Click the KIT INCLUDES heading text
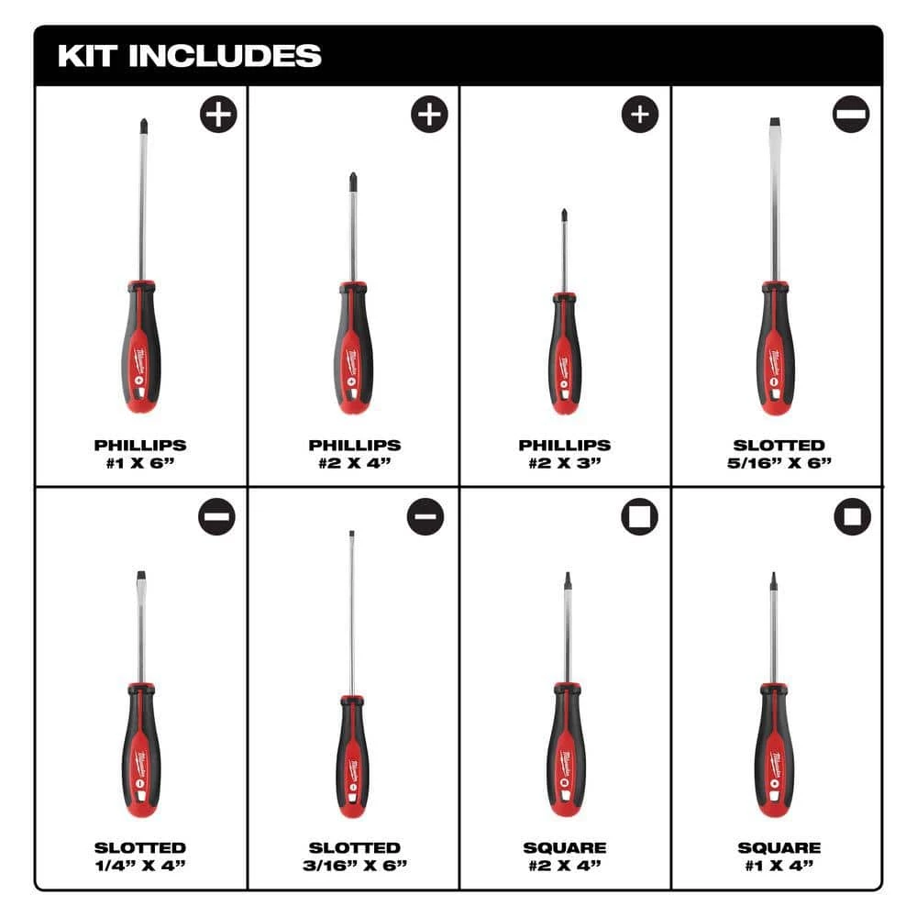pos(189,55)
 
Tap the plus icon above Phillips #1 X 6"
pos(218,115)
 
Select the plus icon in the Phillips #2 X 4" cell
pos(428,115)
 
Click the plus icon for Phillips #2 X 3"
pos(640,114)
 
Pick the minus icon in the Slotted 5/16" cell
pos(851,114)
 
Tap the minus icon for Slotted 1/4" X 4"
pos(216,517)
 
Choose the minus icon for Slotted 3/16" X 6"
pos(425,517)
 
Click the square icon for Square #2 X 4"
pos(639,517)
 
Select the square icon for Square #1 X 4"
pos(852,517)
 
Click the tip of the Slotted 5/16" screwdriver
pos(775,124)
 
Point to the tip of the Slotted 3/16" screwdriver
pos(351,534)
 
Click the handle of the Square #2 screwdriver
pos(566,752)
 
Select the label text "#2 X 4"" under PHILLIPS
pos(354,461)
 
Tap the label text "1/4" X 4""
pos(140,865)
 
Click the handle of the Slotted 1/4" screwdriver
pos(141,752)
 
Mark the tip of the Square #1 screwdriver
pos(774,580)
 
